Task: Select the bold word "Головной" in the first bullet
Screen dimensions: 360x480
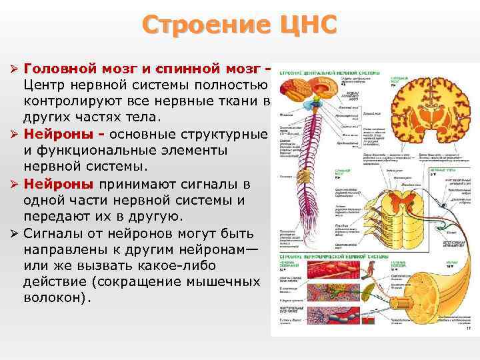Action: pyautogui.click(x=61, y=69)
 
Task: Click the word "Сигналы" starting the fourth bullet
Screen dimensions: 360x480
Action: pyautogui.click(x=53, y=233)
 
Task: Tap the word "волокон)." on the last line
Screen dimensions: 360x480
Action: pyautogui.click(x=56, y=297)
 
